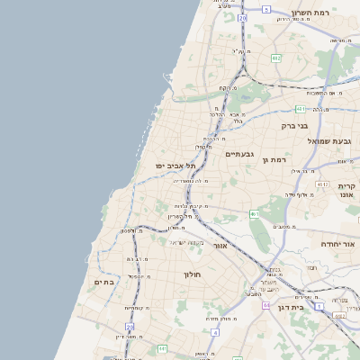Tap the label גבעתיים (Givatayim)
[239, 154]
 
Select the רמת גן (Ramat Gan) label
[274, 159]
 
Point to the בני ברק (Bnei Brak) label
[294, 126]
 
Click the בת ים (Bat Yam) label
[103, 282]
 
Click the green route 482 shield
[274, 57]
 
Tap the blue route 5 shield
[266, 9]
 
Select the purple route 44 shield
[266, 306]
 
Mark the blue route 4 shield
[215, 332]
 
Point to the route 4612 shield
[323, 184]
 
